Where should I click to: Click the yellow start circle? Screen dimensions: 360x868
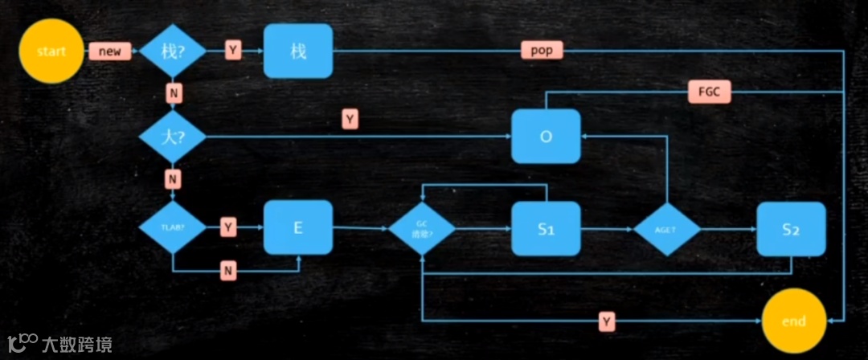click(x=51, y=51)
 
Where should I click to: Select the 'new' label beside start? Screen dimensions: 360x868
click(x=109, y=51)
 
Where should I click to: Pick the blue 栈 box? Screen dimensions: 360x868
click(x=297, y=51)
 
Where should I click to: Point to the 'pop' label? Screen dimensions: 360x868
click(x=542, y=51)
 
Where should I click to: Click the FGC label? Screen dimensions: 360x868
click(x=709, y=92)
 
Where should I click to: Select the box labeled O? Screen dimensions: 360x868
click(x=546, y=137)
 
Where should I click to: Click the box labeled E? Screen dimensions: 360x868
click(x=297, y=227)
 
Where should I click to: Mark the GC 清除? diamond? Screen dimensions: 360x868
click(x=422, y=229)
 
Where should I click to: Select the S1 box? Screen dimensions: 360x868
click(x=546, y=229)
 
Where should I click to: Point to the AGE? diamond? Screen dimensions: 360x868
click(x=666, y=229)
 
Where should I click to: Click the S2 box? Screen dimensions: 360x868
click(x=790, y=229)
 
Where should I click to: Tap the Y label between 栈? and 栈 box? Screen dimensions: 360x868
click(x=233, y=51)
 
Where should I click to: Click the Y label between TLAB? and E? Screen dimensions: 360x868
click(x=228, y=228)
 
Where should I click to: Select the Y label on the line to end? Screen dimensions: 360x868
click(x=608, y=322)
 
